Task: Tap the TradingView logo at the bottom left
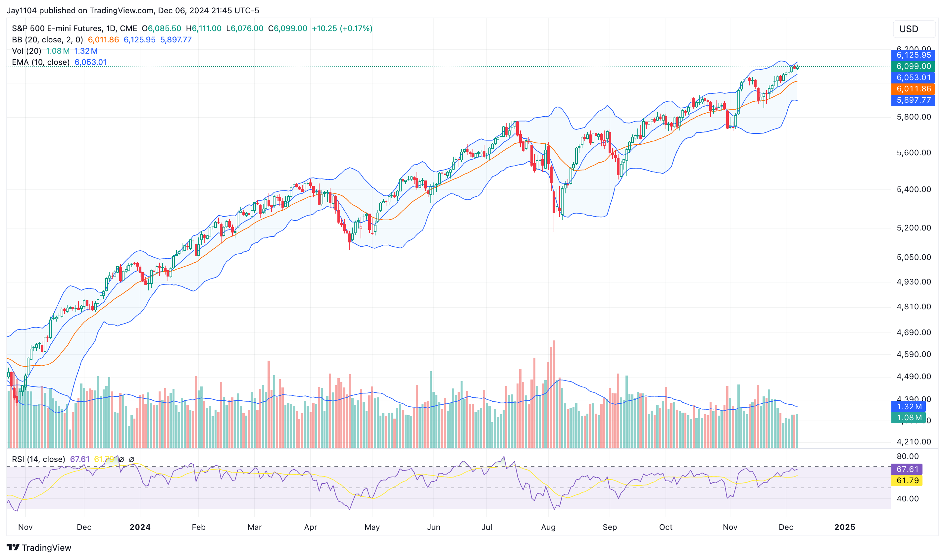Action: tap(39, 547)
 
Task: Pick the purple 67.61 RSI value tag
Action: tap(907, 469)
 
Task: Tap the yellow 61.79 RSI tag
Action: tap(907, 480)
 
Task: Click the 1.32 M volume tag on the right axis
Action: tap(908, 406)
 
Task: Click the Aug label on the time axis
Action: tap(548, 527)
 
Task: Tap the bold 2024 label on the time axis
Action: tap(140, 527)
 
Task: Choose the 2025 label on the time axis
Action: tap(844, 527)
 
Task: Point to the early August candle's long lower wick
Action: tap(554, 222)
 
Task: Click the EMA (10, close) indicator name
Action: tap(41, 62)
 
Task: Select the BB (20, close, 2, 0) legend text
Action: tap(47, 39)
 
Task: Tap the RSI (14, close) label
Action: tap(38, 459)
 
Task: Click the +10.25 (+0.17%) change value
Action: tap(342, 28)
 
